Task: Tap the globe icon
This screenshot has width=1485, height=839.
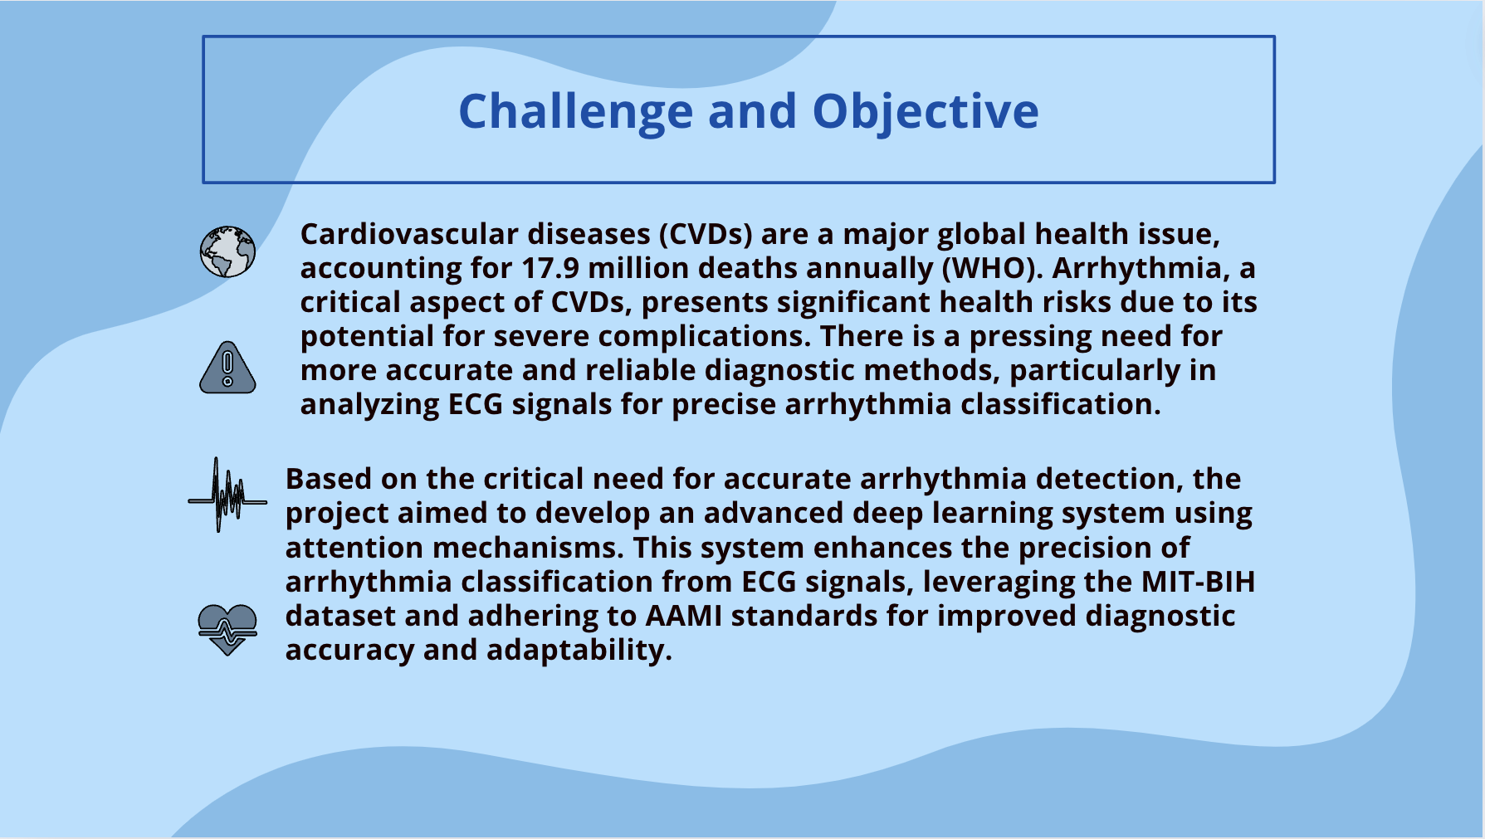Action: point(227,251)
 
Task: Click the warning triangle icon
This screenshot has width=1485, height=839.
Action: point(227,367)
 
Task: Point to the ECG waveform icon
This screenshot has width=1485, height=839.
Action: point(227,495)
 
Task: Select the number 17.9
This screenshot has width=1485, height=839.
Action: point(550,268)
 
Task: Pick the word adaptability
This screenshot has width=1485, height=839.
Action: point(579,650)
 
